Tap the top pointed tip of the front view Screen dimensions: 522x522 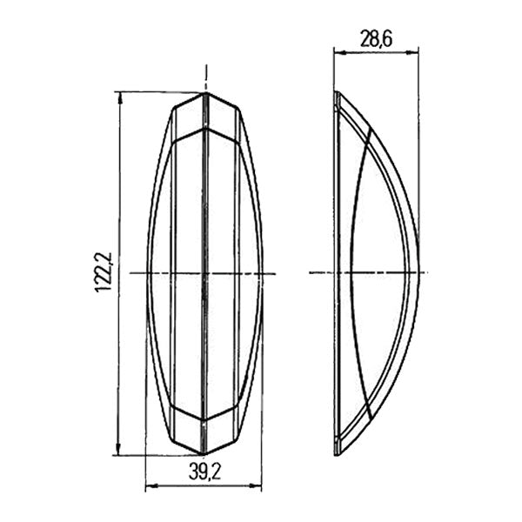coord(204,92)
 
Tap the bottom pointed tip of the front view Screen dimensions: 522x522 coord(204,454)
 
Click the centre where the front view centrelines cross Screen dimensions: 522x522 coord(204,273)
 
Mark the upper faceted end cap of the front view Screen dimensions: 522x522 coord(204,117)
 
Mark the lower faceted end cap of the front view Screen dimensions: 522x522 coord(204,429)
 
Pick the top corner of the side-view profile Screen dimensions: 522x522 coord(338,93)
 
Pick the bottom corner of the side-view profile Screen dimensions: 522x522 coord(338,453)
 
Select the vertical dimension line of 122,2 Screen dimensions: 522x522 coord(119,348)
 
